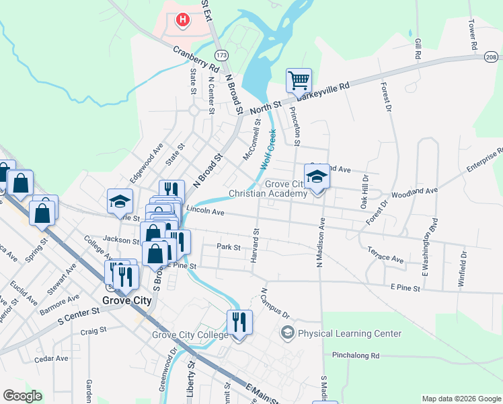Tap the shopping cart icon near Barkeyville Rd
tap(299, 81)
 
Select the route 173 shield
tap(221, 54)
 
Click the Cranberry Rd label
tap(196, 59)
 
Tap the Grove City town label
tap(126, 300)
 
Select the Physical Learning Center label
tap(350, 333)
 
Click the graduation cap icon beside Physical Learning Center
tap(288, 333)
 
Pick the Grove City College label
tap(190, 335)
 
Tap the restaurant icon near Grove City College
tap(239, 323)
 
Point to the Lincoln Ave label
tap(205, 211)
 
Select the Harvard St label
tap(256, 241)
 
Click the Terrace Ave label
tap(385, 254)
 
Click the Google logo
tap(22, 396)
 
